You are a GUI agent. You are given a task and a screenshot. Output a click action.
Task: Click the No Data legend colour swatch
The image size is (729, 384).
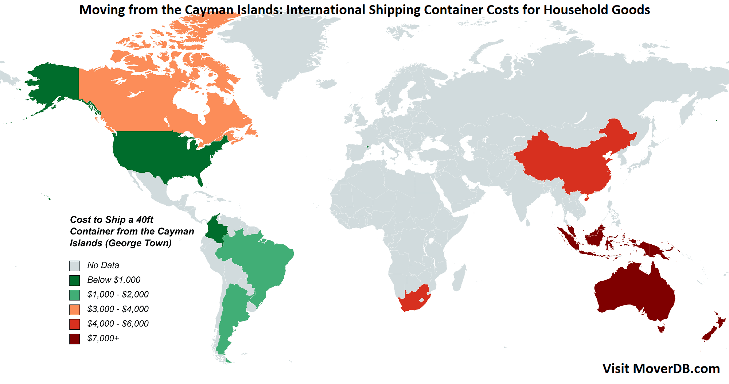click(x=75, y=266)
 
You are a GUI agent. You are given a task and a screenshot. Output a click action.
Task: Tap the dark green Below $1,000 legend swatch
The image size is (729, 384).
click(x=75, y=280)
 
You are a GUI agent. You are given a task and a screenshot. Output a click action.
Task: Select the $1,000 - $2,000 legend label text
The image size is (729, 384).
click(x=118, y=295)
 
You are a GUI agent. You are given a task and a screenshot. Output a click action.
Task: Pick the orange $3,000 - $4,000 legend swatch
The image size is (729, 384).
click(x=75, y=310)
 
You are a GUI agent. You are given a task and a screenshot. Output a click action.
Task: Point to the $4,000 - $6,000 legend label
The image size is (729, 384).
click(x=118, y=324)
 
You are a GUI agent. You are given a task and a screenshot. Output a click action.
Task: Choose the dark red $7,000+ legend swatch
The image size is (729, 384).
click(x=75, y=339)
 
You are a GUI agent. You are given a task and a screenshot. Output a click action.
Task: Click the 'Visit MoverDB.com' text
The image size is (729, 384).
click(x=661, y=369)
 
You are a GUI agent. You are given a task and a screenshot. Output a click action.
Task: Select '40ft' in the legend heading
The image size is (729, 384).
click(x=145, y=220)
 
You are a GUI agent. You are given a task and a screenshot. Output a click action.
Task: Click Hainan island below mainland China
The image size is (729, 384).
click(x=586, y=199)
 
